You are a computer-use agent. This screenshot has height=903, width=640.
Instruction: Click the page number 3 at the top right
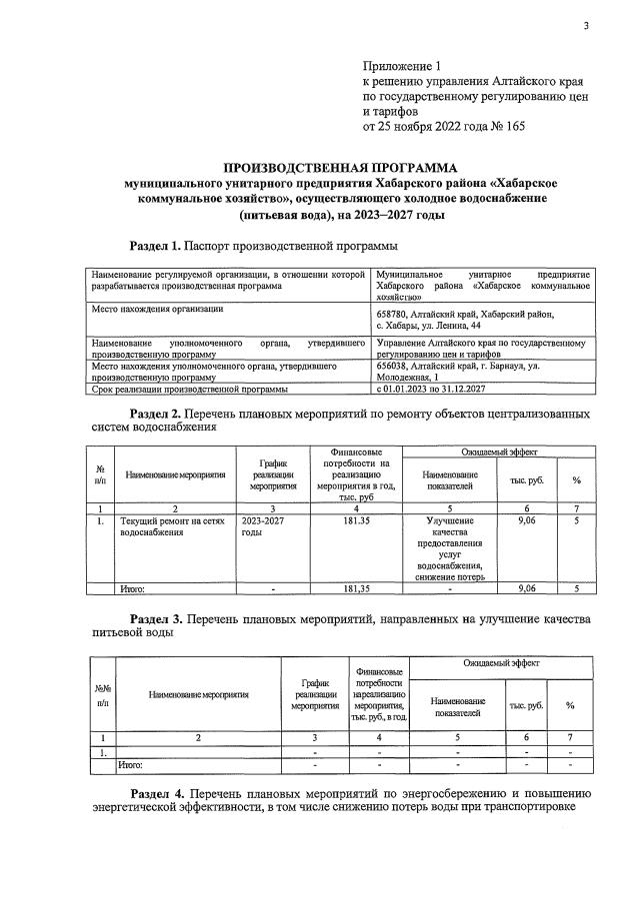click(x=587, y=27)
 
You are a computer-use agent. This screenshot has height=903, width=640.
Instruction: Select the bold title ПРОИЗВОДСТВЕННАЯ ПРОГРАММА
click(x=339, y=168)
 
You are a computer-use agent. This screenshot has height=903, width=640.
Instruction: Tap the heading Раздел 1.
click(x=156, y=245)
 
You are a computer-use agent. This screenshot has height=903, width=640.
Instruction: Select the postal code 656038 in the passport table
click(x=395, y=367)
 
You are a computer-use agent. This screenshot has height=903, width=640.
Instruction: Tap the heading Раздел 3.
click(x=156, y=618)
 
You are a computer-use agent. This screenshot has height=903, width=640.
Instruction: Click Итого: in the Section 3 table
click(x=130, y=764)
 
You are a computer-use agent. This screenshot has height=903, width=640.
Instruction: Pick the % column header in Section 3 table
click(x=570, y=705)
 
